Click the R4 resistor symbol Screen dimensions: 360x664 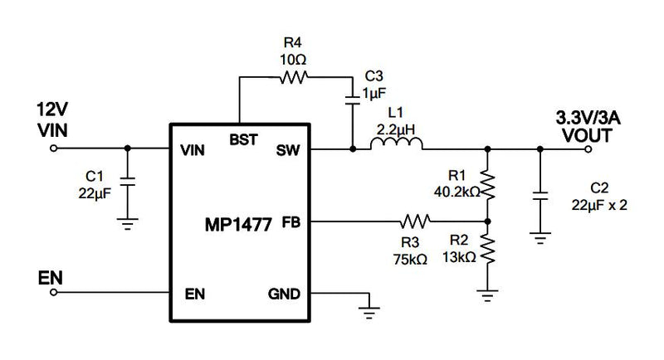pyautogui.click(x=293, y=77)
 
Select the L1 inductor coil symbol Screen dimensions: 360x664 pyautogui.click(x=396, y=146)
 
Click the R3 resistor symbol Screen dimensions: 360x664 pyautogui.click(x=415, y=221)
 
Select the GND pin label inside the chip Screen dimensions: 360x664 pyautogui.click(x=283, y=294)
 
